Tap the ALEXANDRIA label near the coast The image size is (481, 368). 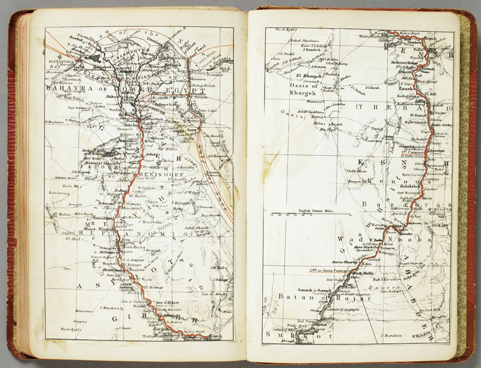(x=59, y=61)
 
